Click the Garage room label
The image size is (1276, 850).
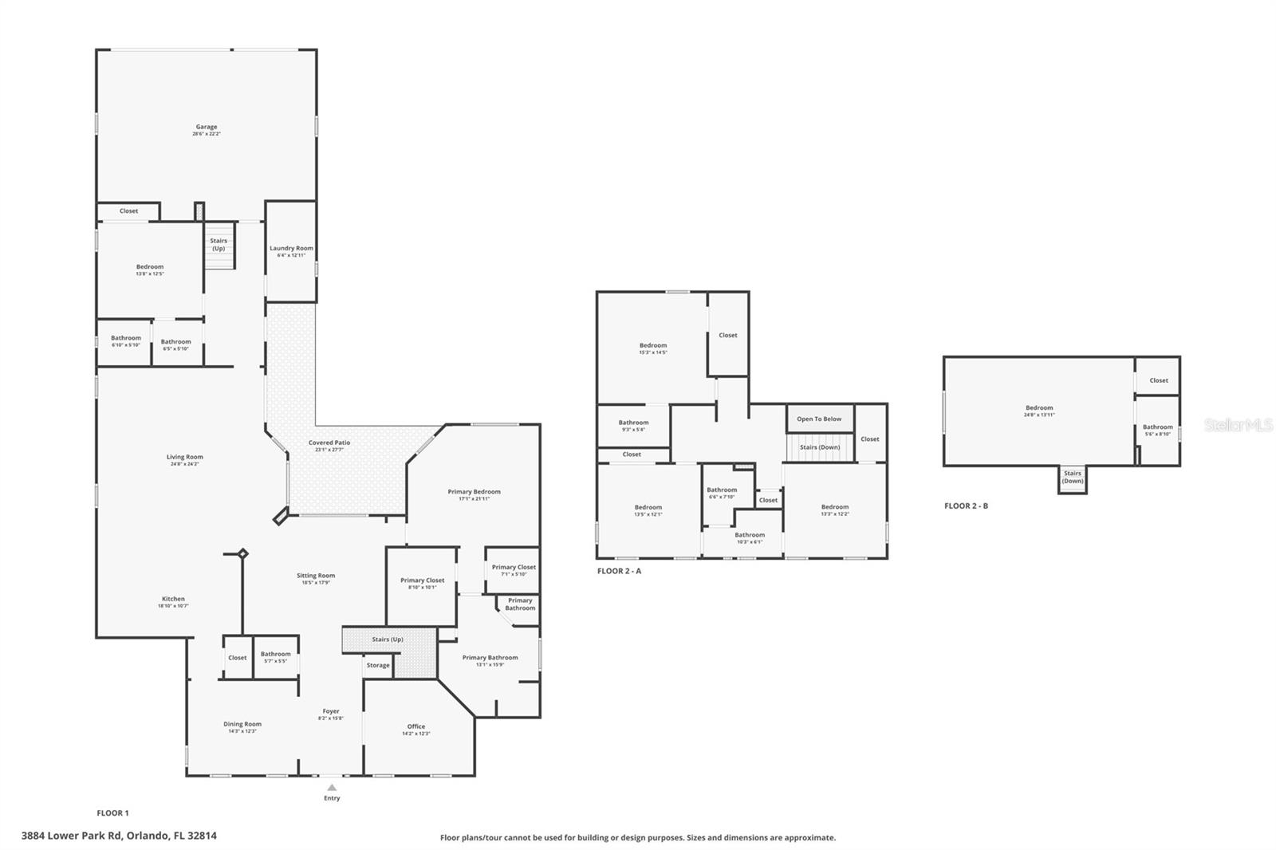pos(207,130)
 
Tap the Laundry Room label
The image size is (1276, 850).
pos(291,251)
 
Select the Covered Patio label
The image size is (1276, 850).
pos(329,446)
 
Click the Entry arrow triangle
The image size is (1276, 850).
pos(332,788)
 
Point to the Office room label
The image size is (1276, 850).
pos(416,730)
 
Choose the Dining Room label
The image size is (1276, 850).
pos(242,727)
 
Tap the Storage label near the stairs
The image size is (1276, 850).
pos(378,665)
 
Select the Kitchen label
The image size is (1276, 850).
pos(173,602)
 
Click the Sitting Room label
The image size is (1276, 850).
pos(316,578)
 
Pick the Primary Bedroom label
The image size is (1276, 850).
pos(474,495)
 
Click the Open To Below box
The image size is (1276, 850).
pos(819,419)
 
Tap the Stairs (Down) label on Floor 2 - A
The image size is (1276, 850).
pos(820,447)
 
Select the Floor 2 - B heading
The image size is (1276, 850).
pos(966,506)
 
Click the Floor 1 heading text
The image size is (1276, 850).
pos(112,813)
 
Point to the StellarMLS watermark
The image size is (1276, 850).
pos(1239,425)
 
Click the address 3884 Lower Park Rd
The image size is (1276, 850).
pos(119,836)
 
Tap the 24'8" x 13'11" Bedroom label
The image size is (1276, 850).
pos(1039,411)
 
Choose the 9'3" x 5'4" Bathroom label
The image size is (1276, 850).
pos(633,426)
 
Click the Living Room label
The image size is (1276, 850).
pos(185,460)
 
